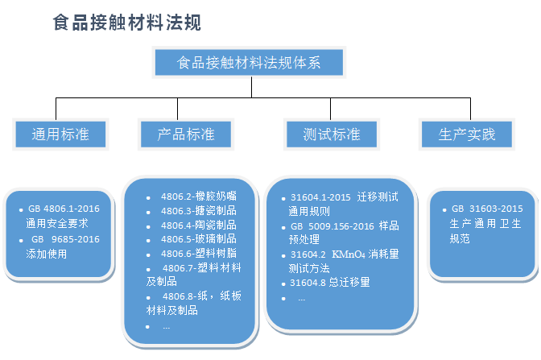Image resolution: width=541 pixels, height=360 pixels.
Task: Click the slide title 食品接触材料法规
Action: point(127,23)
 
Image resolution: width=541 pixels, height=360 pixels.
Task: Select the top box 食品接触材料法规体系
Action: point(249,63)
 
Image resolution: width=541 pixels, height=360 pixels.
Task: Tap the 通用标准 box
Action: point(60,134)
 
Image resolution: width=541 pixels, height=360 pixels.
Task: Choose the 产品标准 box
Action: point(186,134)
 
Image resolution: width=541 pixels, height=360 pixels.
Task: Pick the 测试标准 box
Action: point(332,134)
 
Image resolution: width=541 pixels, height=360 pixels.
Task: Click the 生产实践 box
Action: point(467,134)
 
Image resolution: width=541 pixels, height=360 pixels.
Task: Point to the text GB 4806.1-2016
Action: point(64,209)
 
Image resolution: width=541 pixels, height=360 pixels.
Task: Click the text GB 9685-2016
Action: point(65,239)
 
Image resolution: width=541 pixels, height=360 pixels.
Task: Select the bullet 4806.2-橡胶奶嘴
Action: point(199,197)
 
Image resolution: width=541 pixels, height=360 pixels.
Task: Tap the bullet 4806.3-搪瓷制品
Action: point(199,210)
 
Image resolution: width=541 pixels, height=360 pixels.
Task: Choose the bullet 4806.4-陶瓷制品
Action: point(199,225)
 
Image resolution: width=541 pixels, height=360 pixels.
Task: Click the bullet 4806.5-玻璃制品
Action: point(199,239)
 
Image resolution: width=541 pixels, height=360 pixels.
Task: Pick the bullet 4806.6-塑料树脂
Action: point(199,254)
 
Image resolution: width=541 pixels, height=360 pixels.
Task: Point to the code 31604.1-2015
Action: point(320,197)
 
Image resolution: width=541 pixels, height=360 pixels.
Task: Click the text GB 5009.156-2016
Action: point(332,226)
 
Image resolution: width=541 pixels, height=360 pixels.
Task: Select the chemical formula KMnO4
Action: point(349,254)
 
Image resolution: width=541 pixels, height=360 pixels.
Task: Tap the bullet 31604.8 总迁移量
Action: point(330,283)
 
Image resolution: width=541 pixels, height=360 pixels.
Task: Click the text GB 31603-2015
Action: point(487,209)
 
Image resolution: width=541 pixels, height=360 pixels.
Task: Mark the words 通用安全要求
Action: point(57,223)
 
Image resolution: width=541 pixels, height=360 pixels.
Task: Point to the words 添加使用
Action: point(46,254)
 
